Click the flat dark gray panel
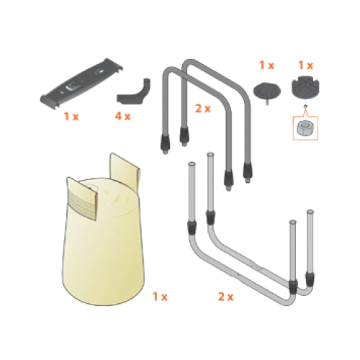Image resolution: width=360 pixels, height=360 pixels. [x=81, y=84]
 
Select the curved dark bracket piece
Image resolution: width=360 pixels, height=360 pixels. [x=133, y=92]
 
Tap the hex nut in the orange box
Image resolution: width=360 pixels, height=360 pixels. [x=304, y=127]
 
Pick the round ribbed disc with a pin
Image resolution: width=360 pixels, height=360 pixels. [x=267, y=91]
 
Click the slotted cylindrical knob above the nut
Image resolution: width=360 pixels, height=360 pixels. [x=305, y=87]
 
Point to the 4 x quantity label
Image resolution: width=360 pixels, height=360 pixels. [x=122, y=117]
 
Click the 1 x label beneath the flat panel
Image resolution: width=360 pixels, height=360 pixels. [x=71, y=117]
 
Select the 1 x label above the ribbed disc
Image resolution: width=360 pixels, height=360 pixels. [x=266, y=66]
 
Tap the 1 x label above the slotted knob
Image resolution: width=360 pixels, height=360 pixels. [x=305, y=66]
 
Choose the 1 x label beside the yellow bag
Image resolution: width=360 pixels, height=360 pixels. [x=160, y=297]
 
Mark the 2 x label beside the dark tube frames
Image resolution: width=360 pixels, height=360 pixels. [x=203, y=109]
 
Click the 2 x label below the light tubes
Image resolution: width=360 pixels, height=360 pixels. [x=225, y=297]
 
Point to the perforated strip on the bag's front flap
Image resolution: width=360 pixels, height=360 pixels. [x=81, y=204]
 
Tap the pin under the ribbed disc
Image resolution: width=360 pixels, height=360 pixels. [x=267, y=102]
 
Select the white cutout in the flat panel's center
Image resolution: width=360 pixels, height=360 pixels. [x=71, y=86]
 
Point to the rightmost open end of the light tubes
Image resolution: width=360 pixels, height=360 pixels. [x=310, y=212]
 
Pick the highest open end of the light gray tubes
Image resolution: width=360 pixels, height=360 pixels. [x=210, y=154]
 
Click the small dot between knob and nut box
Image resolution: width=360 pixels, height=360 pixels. [x=305, y=107]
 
